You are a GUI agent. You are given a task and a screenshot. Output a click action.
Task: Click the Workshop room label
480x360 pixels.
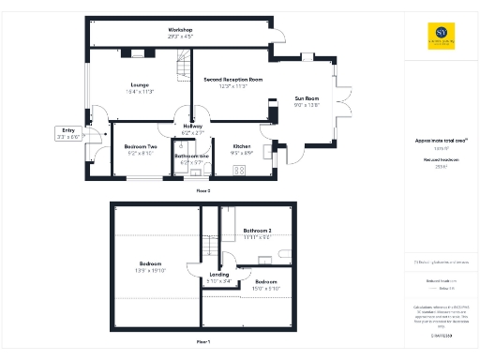180,30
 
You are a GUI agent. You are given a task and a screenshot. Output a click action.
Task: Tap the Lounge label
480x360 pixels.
141,86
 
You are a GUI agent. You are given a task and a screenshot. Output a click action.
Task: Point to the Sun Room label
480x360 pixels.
307,98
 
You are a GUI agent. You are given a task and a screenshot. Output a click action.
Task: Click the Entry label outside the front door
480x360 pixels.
68,129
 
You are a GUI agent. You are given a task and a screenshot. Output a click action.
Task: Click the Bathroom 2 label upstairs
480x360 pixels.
257,231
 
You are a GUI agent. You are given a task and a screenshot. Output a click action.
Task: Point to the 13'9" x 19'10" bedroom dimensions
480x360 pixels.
152,270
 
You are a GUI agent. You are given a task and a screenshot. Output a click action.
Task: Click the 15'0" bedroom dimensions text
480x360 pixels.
266,289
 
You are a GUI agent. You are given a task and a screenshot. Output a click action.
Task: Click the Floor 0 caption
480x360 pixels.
202,190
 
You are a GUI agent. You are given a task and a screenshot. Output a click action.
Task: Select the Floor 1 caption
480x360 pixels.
202,342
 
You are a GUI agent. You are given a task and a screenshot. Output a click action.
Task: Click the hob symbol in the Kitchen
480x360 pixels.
239,170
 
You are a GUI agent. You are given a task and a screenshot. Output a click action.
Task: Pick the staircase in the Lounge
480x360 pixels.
180,64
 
